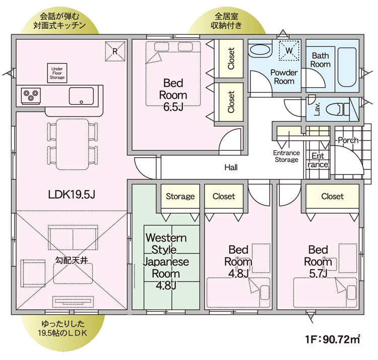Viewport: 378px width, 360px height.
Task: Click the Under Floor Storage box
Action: (x=57, y=73)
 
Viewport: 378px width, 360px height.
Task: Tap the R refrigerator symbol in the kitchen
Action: (x=115, y=51)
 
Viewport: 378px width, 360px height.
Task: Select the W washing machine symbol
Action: (x=289, y=50)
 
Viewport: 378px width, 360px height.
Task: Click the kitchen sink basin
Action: (x=81, y=96)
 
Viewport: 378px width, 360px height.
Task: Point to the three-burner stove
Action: (x=31, y=96)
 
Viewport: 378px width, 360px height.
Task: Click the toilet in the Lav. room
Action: (x=338, y=109)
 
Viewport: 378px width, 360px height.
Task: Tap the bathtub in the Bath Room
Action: (x=347, y=67)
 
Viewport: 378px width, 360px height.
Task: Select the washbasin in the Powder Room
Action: (x=260, y=50)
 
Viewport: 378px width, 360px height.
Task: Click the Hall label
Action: (x=231, y=167)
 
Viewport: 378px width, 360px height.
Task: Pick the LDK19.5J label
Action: (x=72, y=194)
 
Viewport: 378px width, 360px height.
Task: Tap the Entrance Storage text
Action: (x=287, y=156)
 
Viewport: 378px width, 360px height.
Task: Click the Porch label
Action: (x=348, y=140)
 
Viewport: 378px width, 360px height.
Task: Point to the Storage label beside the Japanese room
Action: (x=180, y=196)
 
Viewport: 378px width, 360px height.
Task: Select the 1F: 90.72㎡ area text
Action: (x=333, y=339)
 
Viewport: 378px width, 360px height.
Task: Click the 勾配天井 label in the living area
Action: (x=72, y=260)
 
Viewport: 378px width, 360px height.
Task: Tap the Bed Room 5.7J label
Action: (x=318, y=262)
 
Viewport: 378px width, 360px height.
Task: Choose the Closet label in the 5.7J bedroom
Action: (x=333, y=196)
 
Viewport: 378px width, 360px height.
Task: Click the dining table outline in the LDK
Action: (x=72, y=144)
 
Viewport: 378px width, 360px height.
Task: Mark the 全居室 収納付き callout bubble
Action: (x=226, y=21)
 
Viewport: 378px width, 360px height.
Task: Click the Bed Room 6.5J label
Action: (x=173, y=95)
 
